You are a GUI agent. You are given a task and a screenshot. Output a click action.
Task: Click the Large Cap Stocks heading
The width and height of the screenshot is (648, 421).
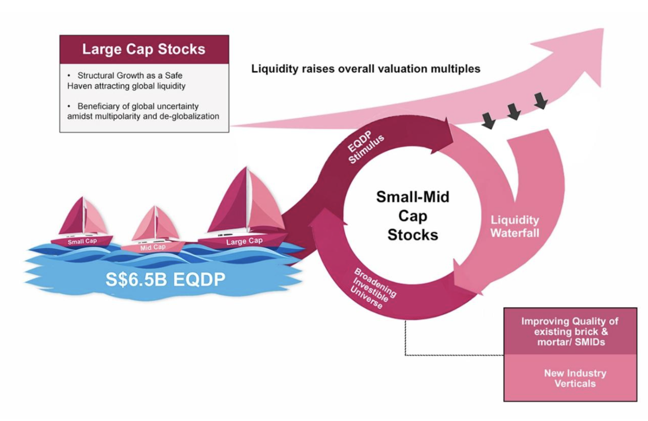click(144, 49)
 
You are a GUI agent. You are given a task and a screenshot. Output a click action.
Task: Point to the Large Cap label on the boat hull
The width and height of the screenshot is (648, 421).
click(244, 241)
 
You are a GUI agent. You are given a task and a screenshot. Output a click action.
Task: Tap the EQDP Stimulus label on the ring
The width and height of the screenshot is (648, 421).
click(365, 147)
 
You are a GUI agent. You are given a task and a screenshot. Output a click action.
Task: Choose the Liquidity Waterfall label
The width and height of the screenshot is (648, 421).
click(514, 226)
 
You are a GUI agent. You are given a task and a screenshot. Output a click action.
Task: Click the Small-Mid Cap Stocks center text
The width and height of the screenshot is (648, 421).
click(412, 216)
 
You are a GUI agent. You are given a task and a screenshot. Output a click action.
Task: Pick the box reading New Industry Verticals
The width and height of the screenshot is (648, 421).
click(575, 378)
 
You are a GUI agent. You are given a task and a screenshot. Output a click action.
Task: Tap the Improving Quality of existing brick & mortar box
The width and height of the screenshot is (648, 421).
click(570, 331)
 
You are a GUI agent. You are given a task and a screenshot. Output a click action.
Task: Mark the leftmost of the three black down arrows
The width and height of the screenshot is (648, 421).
click(489, 121)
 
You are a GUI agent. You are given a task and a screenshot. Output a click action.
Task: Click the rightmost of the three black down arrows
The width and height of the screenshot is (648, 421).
click(541, 100)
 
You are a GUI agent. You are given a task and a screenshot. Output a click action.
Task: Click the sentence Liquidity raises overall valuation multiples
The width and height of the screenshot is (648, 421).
click(365, 69)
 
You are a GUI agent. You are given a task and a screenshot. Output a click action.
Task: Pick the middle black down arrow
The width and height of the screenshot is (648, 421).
click(514, 111)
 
